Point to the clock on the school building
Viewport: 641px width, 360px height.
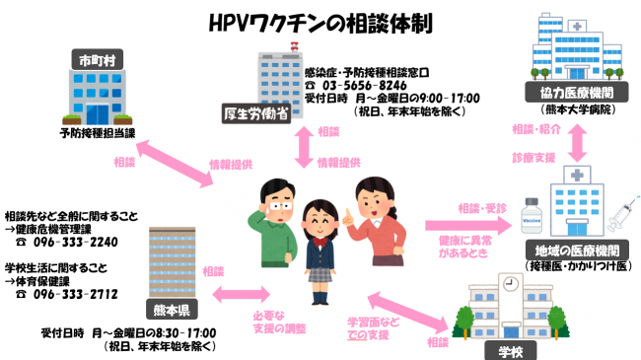pyautogui.click(x=511, y=283)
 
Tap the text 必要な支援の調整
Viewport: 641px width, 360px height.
pyautogui.click(x=279, y=323)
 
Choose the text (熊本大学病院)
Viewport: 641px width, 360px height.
pyautogui.click(x=574, y=108)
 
